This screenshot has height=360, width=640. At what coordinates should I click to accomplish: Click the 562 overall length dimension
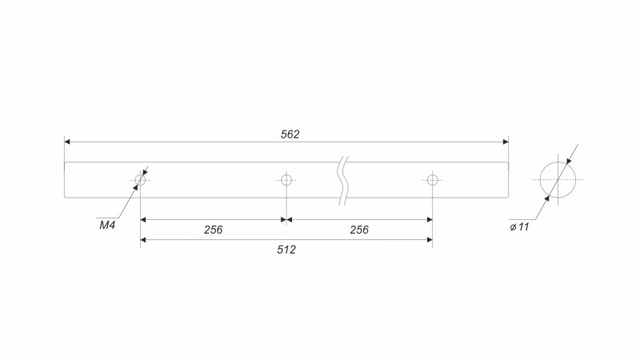click(290, 134)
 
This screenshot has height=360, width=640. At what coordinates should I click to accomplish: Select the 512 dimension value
click(286, 250)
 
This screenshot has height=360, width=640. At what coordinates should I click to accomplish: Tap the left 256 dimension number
click(213, 230)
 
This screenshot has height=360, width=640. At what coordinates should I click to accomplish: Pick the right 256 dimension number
click(359, 230)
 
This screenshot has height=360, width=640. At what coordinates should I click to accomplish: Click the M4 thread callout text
click(107, 225)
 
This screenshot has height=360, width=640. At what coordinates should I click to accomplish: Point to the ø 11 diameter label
click(519, 227)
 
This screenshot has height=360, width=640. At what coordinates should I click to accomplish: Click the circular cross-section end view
click(558, 162)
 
